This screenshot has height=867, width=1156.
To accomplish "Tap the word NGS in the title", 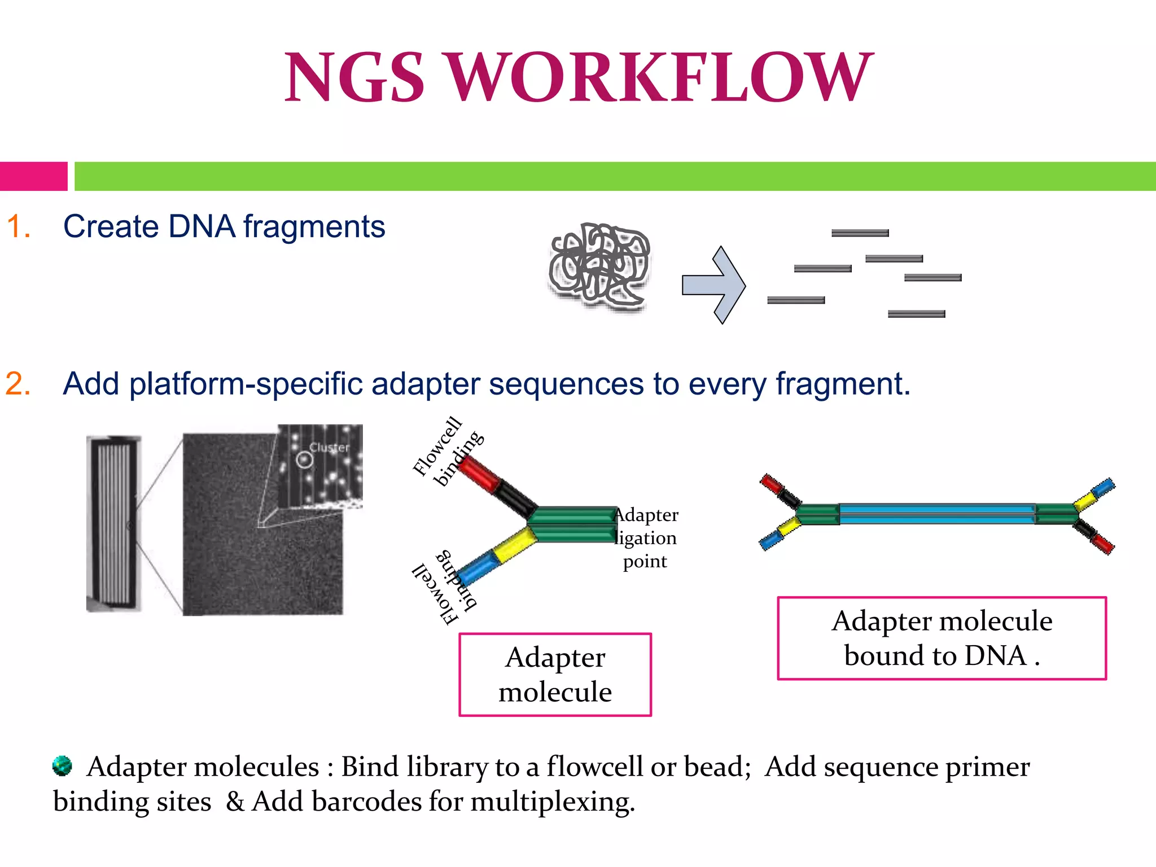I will (354, 78).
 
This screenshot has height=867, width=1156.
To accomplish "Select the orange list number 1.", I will (18, 227).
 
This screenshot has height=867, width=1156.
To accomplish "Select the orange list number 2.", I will (18, 384).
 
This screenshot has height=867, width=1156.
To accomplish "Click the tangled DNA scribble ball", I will (600, 265).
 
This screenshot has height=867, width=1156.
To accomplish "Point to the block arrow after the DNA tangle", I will (714, 285).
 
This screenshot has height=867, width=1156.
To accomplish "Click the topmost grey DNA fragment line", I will (860, 233).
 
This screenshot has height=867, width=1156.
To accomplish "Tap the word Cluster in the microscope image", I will (330, 448).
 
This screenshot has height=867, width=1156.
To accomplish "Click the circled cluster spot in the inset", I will (305, 460).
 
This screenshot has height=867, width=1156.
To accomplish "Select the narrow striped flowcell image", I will (113, 523).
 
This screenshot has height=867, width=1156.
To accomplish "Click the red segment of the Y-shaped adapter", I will (479, 472).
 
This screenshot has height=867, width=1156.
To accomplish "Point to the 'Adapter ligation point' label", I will (645, 538).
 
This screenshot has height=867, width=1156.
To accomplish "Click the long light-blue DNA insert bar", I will (937, 514).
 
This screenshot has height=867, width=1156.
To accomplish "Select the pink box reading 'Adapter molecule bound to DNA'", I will (942, 638).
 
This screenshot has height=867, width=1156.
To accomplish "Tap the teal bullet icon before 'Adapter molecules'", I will (62, 765).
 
